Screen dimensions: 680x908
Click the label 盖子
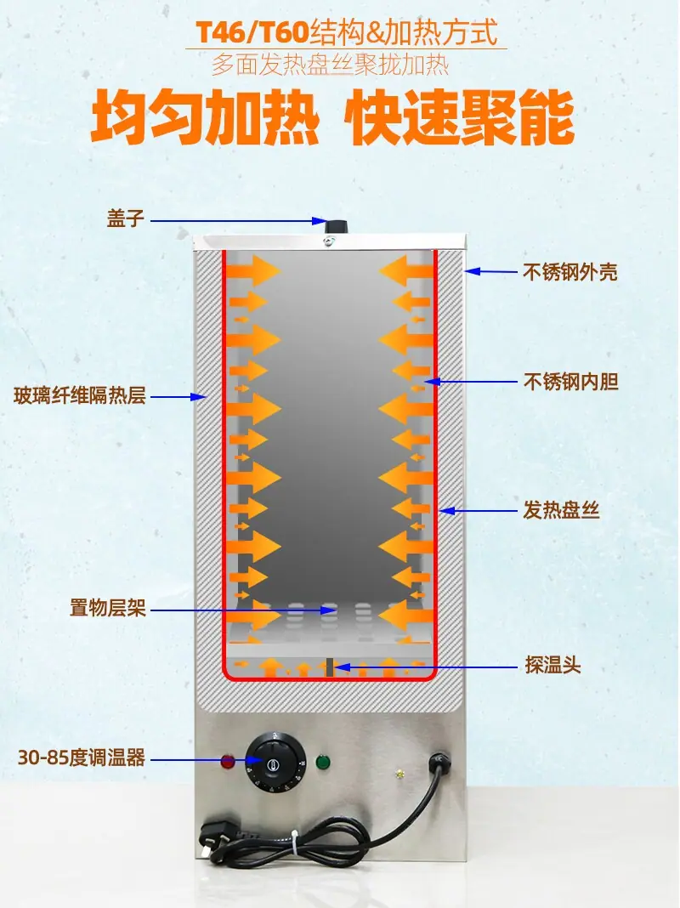click(126, 218)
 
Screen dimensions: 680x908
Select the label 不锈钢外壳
click(570, 271)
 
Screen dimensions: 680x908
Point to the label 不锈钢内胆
click(570, 382)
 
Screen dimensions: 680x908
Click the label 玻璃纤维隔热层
click(80, 396)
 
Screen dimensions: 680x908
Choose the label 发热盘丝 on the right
click(561, 510)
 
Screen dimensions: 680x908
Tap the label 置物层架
click(108, 608)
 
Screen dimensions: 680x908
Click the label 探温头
click(552, 666)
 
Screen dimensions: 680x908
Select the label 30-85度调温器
click(82, 758)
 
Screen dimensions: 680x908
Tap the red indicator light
click(228, 761)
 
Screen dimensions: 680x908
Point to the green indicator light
click(322, 762)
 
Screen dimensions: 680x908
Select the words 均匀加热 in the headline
click(205, 117)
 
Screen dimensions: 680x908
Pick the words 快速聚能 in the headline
click(460, 117)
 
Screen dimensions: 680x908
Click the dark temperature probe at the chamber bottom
click(329, 667)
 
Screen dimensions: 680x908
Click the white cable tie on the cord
click(295, 842)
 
